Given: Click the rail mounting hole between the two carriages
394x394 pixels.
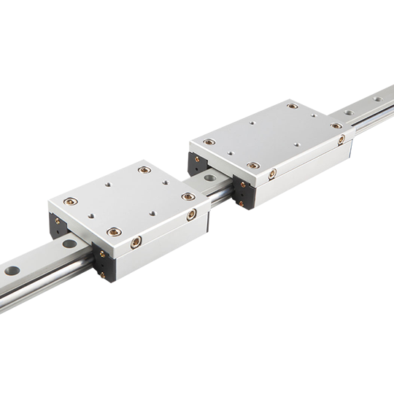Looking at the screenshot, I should pyautogui.click(x=211, y=177).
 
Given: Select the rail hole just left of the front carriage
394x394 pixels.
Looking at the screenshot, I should pyautogui.click(x=69, y=244).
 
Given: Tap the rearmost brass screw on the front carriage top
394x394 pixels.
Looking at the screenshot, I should pyautogui.click(x=144, y=169).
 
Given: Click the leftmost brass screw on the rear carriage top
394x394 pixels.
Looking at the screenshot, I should pyautogui.click(x=209, y=142).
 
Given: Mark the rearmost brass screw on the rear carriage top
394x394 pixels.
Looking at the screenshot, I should pyautogui.click(x=292, y=107).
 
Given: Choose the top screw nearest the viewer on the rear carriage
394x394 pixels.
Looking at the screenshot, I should pyautogui.click(x=252, y=166).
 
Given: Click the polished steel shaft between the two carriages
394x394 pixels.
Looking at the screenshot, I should pyautogui.click(x=219, y=192).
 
